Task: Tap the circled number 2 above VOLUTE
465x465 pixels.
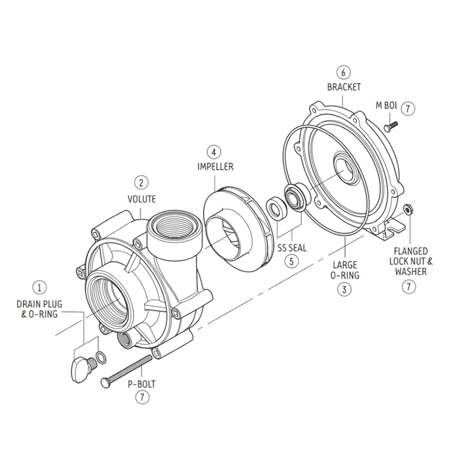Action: [x=141, y=183]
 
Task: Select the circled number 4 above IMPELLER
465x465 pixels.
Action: [x=214, y=152]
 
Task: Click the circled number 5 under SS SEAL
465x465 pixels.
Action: [x=292, y=261]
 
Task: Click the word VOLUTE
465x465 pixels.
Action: [x=141, y=199]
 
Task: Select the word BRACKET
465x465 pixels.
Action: [x=344, y=87]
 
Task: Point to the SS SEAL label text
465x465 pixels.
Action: [x=292, y=248]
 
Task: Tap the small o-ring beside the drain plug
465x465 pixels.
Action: [x=100, y=358]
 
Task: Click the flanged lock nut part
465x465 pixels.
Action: [x=408, y=210]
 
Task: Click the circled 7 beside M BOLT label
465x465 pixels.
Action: [x=407, y=108]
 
